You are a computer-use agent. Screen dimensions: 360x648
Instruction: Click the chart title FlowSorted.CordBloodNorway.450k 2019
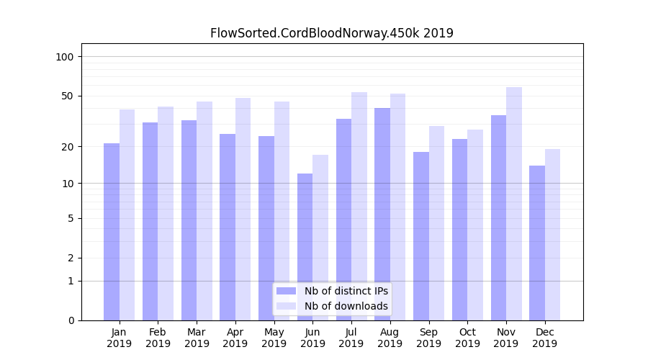[x=331, y=33]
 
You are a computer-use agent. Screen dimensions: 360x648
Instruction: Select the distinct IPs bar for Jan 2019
[x=112, y=231]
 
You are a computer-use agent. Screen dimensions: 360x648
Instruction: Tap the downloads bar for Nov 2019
[x=514, y=204]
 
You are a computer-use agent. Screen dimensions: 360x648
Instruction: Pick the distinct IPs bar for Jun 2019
[x=305, y=246]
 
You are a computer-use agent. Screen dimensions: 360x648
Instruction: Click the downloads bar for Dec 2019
[x=552, y=234]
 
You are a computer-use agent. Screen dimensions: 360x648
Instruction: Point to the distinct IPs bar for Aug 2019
[x=382, y=214]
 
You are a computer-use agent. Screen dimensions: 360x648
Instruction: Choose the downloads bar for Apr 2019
[x=243, y=209]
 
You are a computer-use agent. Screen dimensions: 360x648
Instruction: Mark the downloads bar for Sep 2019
[x=436, y=223]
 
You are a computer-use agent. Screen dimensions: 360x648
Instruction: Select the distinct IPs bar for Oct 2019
[x=459, y=229]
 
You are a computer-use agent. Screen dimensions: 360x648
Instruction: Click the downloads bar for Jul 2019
[x=359, y=206]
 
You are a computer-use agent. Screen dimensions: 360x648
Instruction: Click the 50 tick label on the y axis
[x=68, y=96]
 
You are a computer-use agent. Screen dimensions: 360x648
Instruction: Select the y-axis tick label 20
[x=68, y=147]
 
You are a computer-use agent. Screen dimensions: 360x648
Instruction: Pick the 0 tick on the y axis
[x=71, y=320]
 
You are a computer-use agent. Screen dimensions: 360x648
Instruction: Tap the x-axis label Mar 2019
[x=197, y=338]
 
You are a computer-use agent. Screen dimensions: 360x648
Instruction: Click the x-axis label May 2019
[x=274, y=338]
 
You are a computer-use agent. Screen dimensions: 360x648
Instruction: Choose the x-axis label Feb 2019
[x=158, y=338]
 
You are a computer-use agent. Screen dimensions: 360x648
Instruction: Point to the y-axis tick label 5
[x=71, y=218]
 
